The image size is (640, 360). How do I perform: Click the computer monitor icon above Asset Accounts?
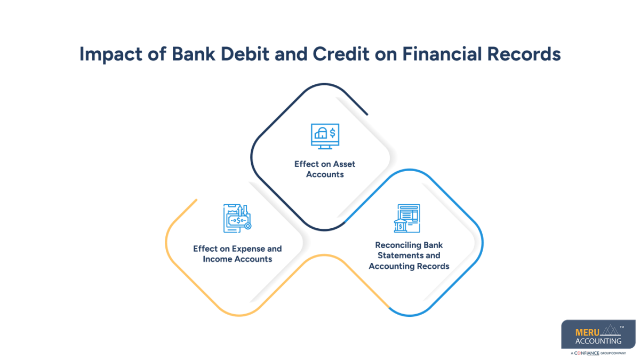point(325,136)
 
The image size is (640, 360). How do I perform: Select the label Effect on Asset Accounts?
point(325,169)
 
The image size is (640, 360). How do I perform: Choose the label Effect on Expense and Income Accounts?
point(237,254)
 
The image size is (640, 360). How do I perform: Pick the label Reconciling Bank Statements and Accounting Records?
point(409,255)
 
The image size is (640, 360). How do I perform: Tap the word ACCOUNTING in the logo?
point(598,341)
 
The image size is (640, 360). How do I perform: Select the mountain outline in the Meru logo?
point(606,331)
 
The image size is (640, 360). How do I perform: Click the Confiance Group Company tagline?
point(598,353)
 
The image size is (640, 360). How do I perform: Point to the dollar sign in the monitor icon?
point(332,132)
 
